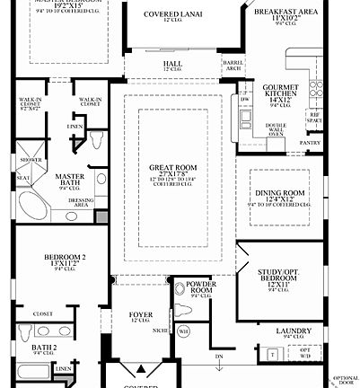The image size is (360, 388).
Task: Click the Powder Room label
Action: coord(201,289)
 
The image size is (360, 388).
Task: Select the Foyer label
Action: coord(139,314)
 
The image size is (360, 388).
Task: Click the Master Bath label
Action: coord(69,181)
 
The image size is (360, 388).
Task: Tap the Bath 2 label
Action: coord(44,348)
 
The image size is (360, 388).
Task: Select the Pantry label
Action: coord(310,142)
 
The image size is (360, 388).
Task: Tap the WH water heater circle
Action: coord(184,331)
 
